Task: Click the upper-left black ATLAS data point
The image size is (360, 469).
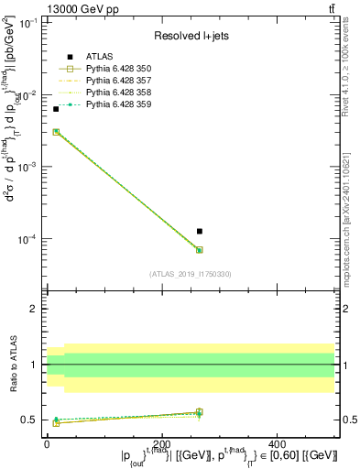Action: click(x=55, y=109)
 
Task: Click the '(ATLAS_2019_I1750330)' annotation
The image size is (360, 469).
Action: click(x=191, y=274)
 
